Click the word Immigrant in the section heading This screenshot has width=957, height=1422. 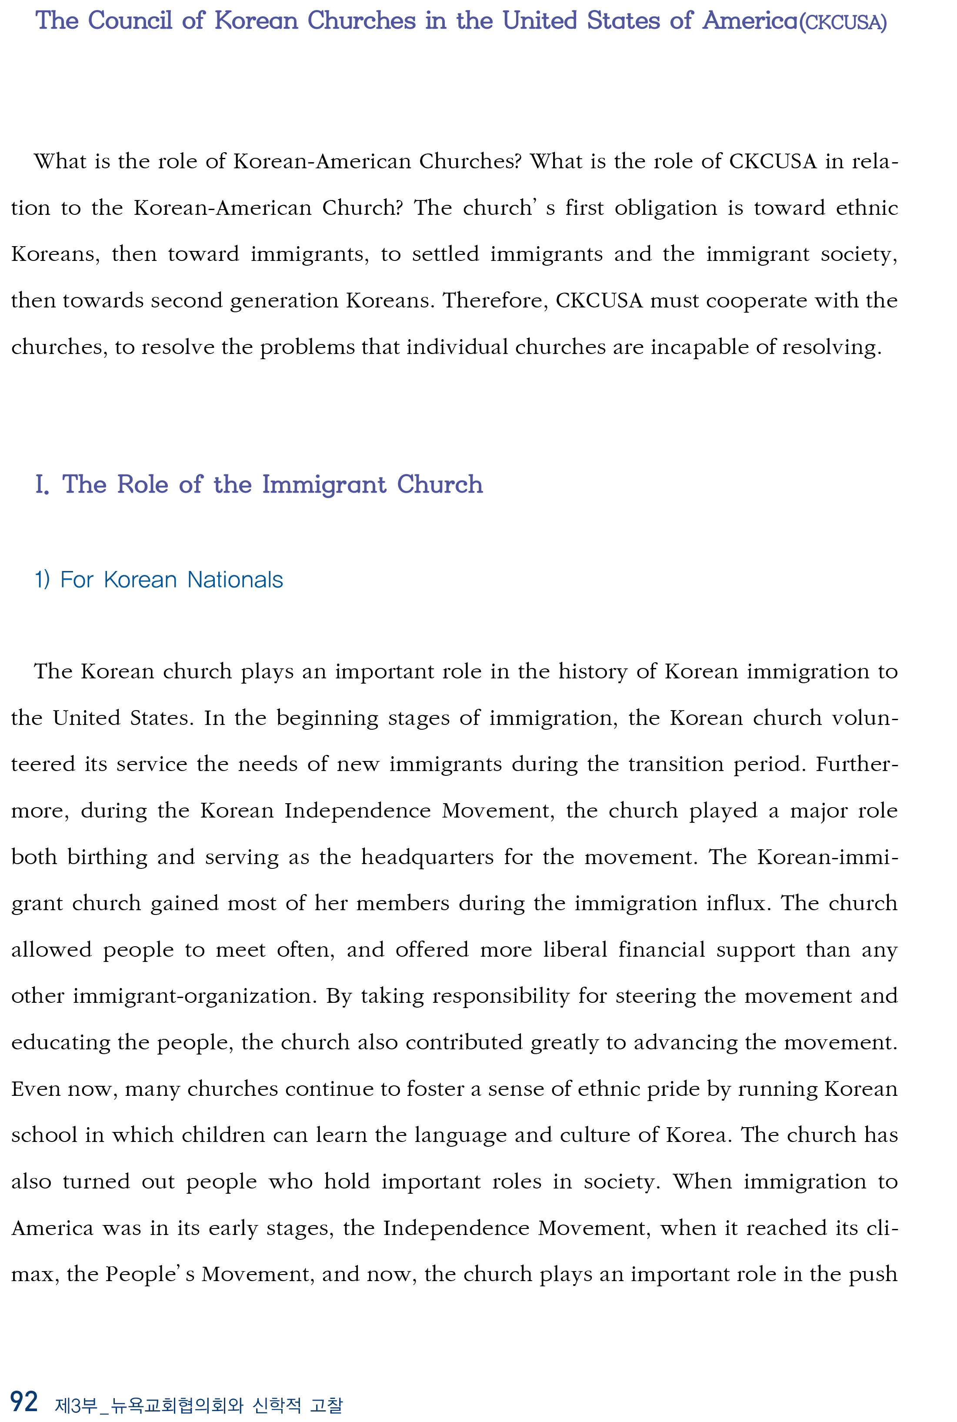[x=324, y=484]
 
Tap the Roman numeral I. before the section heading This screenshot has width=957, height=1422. [x=41, y=484]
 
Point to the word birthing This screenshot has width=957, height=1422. [x=107, y=858]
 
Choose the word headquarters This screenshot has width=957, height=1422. [x=427, y=858]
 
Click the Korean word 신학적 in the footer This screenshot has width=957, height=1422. [x=277, y=1405]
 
